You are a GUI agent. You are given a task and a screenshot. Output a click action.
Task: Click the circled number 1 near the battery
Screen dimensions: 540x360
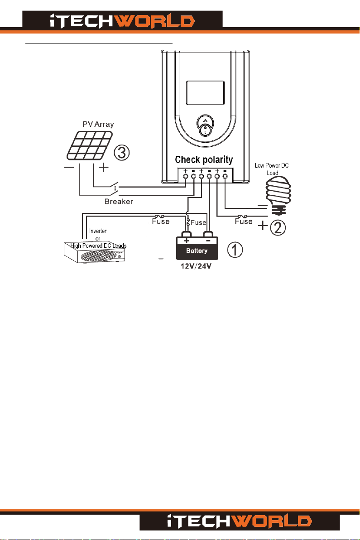(235, 250)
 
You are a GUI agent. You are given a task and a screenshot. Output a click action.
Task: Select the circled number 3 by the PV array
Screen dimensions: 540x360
(123, 152)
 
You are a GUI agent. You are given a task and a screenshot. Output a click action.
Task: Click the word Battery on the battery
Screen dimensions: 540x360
(197, 250)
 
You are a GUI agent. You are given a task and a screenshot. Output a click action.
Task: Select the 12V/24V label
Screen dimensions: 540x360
(197, 268)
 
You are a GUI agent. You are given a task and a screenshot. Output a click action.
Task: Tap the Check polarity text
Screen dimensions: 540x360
(204, 159)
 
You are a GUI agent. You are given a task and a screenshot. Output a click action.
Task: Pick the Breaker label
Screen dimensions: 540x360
(118, 202)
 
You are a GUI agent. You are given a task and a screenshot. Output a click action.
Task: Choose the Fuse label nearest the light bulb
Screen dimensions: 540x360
(244, 222)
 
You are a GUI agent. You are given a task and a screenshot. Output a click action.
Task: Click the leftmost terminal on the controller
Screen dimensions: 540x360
(186, 176)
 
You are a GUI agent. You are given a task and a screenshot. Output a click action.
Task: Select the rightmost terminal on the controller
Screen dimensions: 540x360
(225, 176)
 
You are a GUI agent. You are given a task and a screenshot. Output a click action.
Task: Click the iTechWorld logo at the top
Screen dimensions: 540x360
(122, 21)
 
